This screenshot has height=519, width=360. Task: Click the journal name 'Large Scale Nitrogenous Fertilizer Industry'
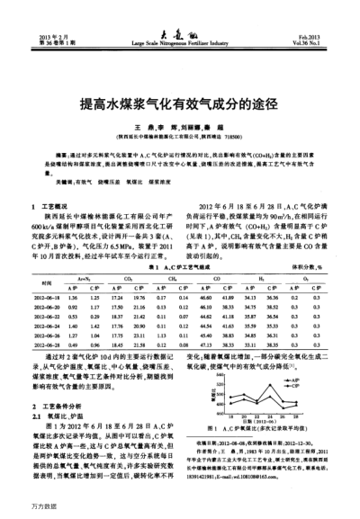tap(180, 42)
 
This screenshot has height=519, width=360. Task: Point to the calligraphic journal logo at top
tap(180, 32)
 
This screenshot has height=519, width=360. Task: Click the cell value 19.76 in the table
tap(138, 246)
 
